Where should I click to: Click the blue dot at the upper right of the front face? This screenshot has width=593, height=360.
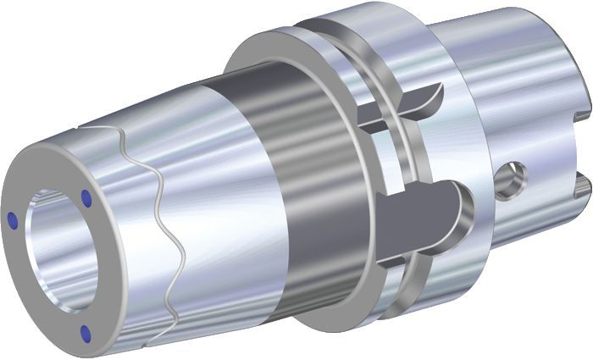click(x=86, y=197)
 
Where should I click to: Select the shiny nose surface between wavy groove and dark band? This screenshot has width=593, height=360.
click(x=220, y=212)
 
